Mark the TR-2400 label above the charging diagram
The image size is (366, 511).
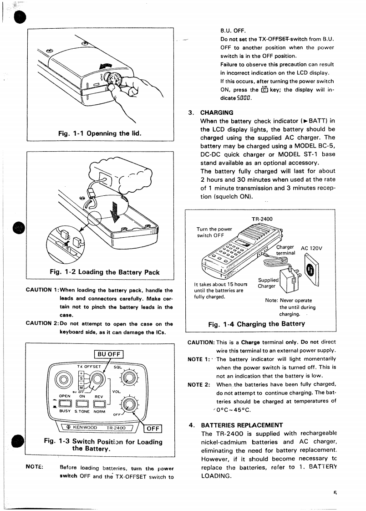click(x=262, y=219)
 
